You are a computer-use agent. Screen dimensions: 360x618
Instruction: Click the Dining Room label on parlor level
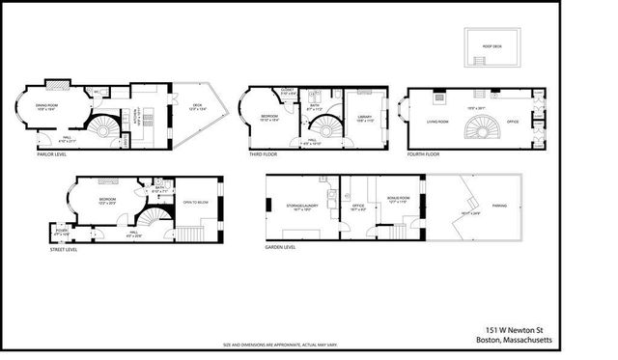pos(47,106)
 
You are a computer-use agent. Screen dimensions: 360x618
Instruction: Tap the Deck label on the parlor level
pos(196,106)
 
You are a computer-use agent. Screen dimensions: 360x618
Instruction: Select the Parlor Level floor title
pos(51,153)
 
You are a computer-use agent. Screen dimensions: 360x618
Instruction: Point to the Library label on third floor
pos(364,118)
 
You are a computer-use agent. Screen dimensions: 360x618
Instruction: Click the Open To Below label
pos(196,203)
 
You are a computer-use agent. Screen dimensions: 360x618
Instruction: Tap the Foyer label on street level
pos(61,231)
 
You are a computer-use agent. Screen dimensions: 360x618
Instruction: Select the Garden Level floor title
pos(280,246)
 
